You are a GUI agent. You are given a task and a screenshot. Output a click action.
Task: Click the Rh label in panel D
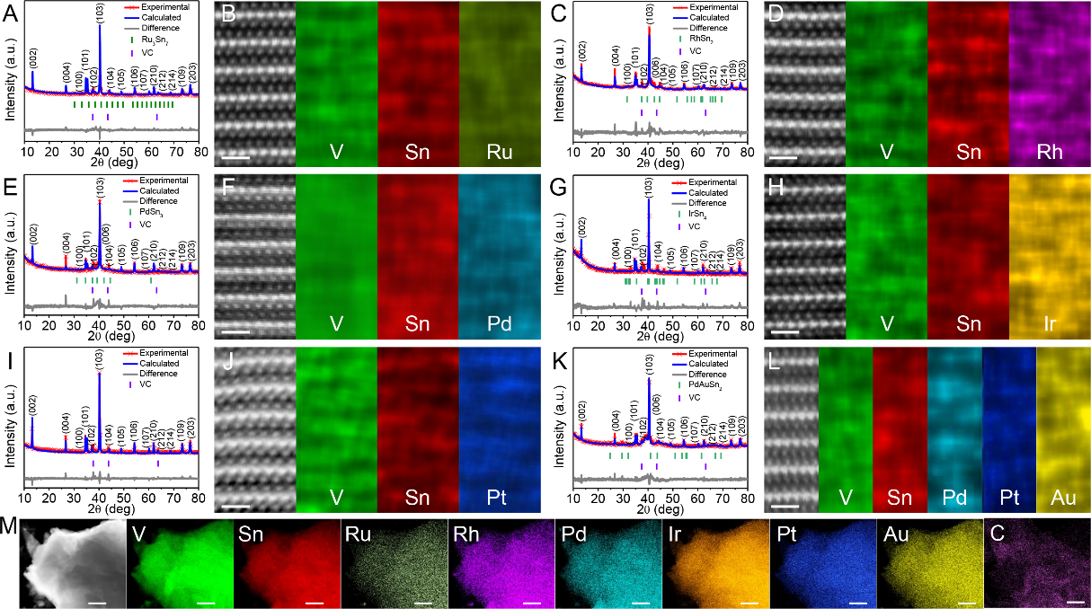[x=1048, y=152]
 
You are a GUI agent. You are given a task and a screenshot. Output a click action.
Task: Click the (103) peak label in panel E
[x=100, y=192]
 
